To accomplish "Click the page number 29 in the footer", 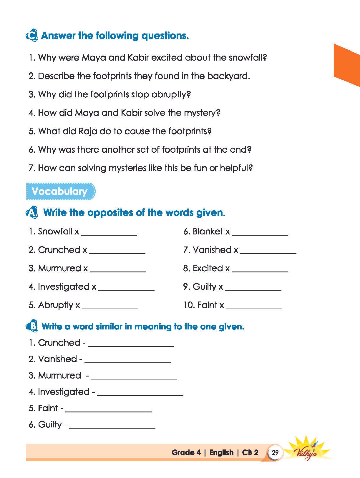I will coord(275,452).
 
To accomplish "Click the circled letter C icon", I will coord(31,36).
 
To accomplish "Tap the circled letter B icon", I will coord(31,326).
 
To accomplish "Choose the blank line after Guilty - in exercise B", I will coord(112,427).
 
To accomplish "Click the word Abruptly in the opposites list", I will coord(56,305).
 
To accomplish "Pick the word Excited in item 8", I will coord(208,268).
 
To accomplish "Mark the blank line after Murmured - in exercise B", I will coord(134,378).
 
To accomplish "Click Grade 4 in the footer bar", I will coord(186,452).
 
